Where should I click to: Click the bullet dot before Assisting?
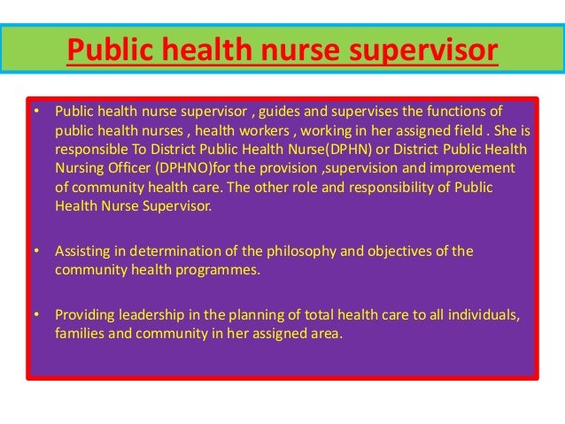(x=36, y=251)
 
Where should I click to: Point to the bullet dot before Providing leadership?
(x=36, y=315)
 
